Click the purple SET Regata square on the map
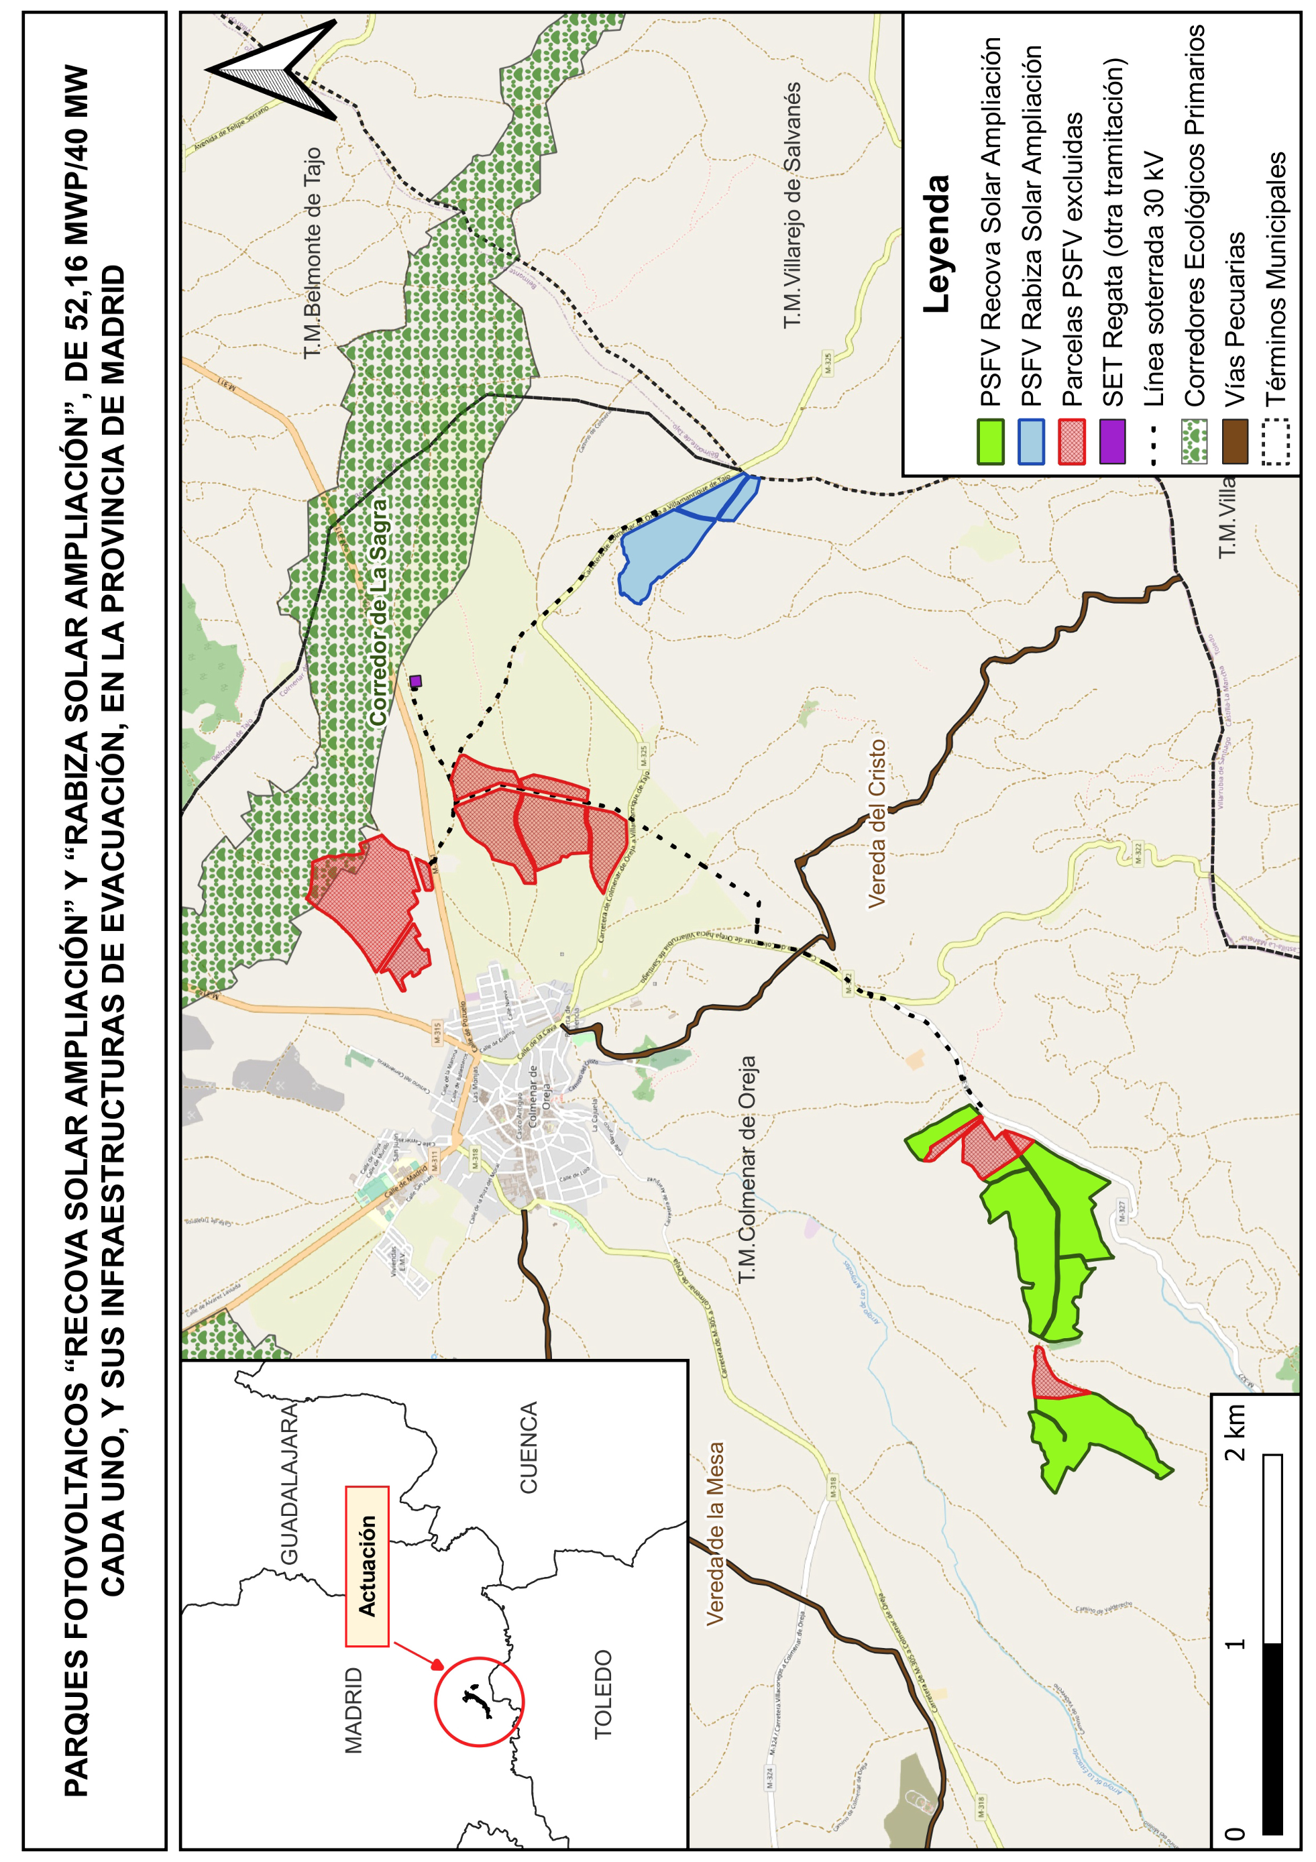415,681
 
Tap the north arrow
280,69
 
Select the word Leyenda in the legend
936,243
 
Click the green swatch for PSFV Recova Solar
990,441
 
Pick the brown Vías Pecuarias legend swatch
1234,441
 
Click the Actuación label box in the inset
368,1565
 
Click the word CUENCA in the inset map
529,1447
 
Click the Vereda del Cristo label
877,823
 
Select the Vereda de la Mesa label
714,1533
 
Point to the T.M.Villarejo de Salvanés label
792,206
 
